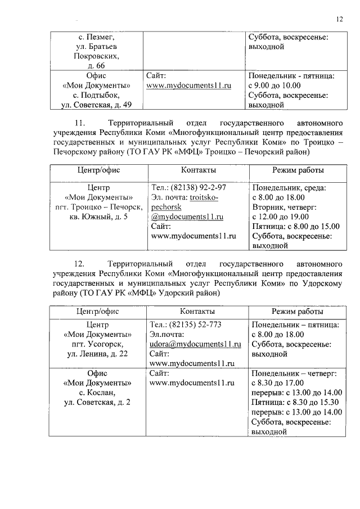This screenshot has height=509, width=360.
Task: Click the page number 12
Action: pyautogui.click(x=339, y=19)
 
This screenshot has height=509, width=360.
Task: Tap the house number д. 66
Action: pyautogui.click(x=96, y=66)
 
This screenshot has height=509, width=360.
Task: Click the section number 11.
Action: pyautogui.click(x=79, y=123)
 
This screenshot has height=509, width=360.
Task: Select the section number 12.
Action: pyautogui.click(x=79, y=264)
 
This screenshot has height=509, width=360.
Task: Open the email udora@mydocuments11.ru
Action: pyautogui.click(x=191, y=344)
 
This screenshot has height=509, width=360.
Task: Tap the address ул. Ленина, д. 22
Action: pyautogui.click(x=97, y=354)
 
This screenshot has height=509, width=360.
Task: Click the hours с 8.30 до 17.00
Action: pyautogui.click(x=278, y=382)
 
